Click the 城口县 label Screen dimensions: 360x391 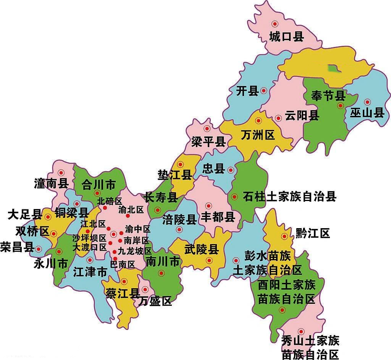[286, 37]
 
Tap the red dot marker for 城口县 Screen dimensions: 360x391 [275, 24]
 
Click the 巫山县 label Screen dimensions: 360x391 [367, 113]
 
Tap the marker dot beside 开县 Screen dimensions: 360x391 [263, 91]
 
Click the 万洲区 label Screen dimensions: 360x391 [258, 135]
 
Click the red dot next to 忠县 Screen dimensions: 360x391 [231, 170]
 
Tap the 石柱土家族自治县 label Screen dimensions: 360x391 [289, 197]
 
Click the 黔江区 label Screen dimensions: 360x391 [313, 233]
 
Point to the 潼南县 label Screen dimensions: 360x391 [51, 184]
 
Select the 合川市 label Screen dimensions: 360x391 [99, 186]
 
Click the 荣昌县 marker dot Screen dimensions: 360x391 [38, 249]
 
